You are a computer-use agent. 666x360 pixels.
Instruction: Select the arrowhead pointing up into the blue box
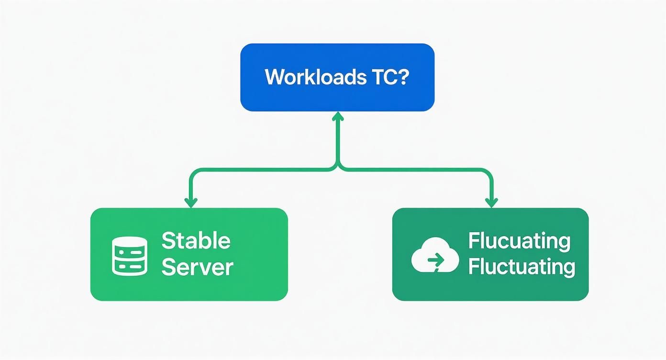338,115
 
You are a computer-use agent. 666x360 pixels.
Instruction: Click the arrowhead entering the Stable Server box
191,203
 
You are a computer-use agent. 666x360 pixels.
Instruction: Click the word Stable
196,240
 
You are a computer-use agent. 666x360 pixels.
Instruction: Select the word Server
197,267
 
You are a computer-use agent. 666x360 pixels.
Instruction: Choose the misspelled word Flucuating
519,240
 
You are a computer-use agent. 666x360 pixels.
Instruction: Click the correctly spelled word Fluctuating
521,267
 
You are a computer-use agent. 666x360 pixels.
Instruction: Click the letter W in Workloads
274,77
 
